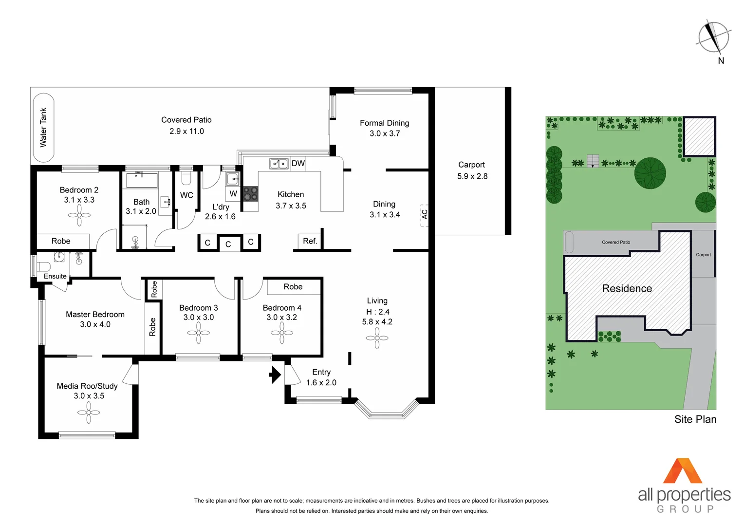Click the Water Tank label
tap(43, 128)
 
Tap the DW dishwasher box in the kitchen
tap(298, 163)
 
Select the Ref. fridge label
tap(310, 241)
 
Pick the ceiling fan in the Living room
tap(377, 338)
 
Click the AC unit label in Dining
tap(424, 214)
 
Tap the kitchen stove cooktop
tap(251, 193)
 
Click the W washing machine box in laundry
tap(233, 193)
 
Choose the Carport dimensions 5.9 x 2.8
tap(472, 176)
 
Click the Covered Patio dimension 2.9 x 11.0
tap(186, 131)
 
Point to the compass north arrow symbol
tap(714, 37)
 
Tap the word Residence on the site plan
tap(627, 288)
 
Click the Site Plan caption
tap(695, 419)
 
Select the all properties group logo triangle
tap(683, 471)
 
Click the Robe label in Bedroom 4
tap(293, 287)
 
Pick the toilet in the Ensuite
tap(44, 266)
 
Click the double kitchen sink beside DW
tap(279, 164)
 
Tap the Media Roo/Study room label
tap(87, 386)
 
